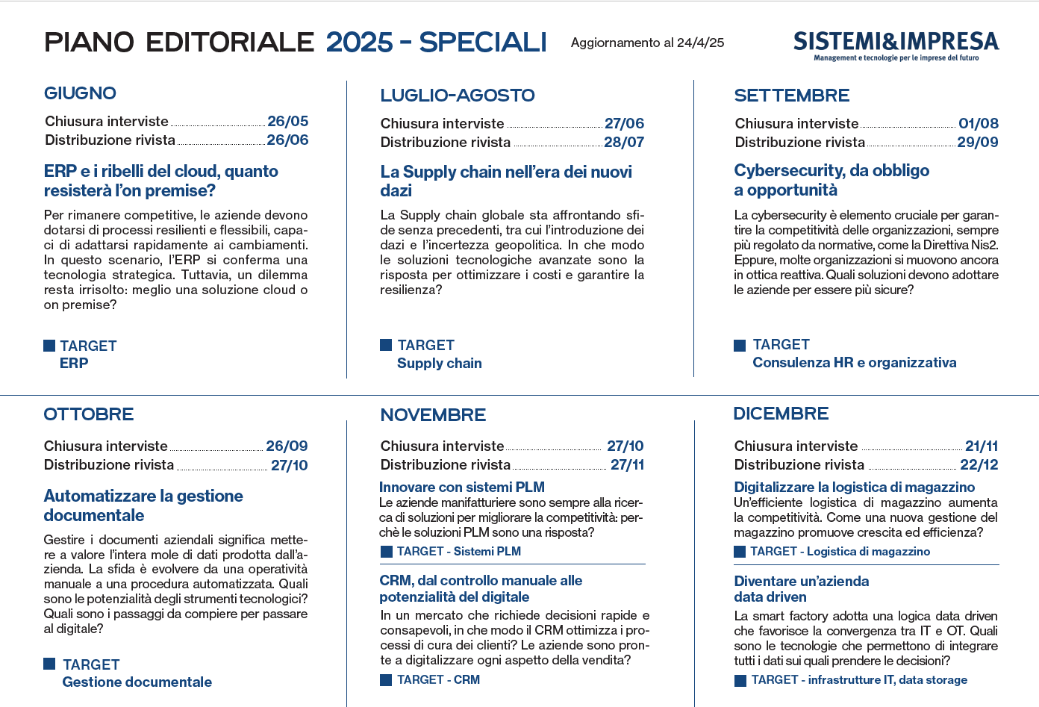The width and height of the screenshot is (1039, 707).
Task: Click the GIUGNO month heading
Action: coord(80,93)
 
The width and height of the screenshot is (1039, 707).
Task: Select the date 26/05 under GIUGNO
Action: coord(287,121)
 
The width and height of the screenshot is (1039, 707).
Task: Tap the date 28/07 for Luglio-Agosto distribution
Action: coord(623,142)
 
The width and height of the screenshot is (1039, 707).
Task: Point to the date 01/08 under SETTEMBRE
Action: coord(978,123)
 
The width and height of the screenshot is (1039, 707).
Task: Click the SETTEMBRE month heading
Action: coord(791,96)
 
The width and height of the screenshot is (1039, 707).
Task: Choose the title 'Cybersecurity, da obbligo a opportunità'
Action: coord(831,180)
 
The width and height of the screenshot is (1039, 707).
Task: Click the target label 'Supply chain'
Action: coord(439,364)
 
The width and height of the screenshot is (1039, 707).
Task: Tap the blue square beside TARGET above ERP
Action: coord(49,346)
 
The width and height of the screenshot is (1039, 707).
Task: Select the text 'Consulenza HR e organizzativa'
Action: coord(854,363)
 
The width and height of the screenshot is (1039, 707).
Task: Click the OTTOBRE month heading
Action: coord(88,414)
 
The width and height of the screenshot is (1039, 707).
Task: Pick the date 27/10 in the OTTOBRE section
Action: coord(289,465)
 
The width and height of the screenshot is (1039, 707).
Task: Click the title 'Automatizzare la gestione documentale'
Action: coord(143,505)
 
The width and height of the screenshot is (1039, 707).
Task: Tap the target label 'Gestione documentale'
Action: coord(137,682)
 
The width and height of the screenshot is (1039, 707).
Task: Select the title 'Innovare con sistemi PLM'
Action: coord(461,487)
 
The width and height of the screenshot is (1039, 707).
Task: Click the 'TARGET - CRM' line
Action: coord(437,679)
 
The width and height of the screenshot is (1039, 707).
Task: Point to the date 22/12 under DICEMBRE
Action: coord(979,464)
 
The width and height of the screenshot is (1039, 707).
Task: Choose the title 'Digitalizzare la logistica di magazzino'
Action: coord(854,487)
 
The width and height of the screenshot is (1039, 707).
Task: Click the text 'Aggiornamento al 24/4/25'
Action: coord(647,43)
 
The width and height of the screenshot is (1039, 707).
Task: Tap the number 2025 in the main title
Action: coord(359,43)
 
